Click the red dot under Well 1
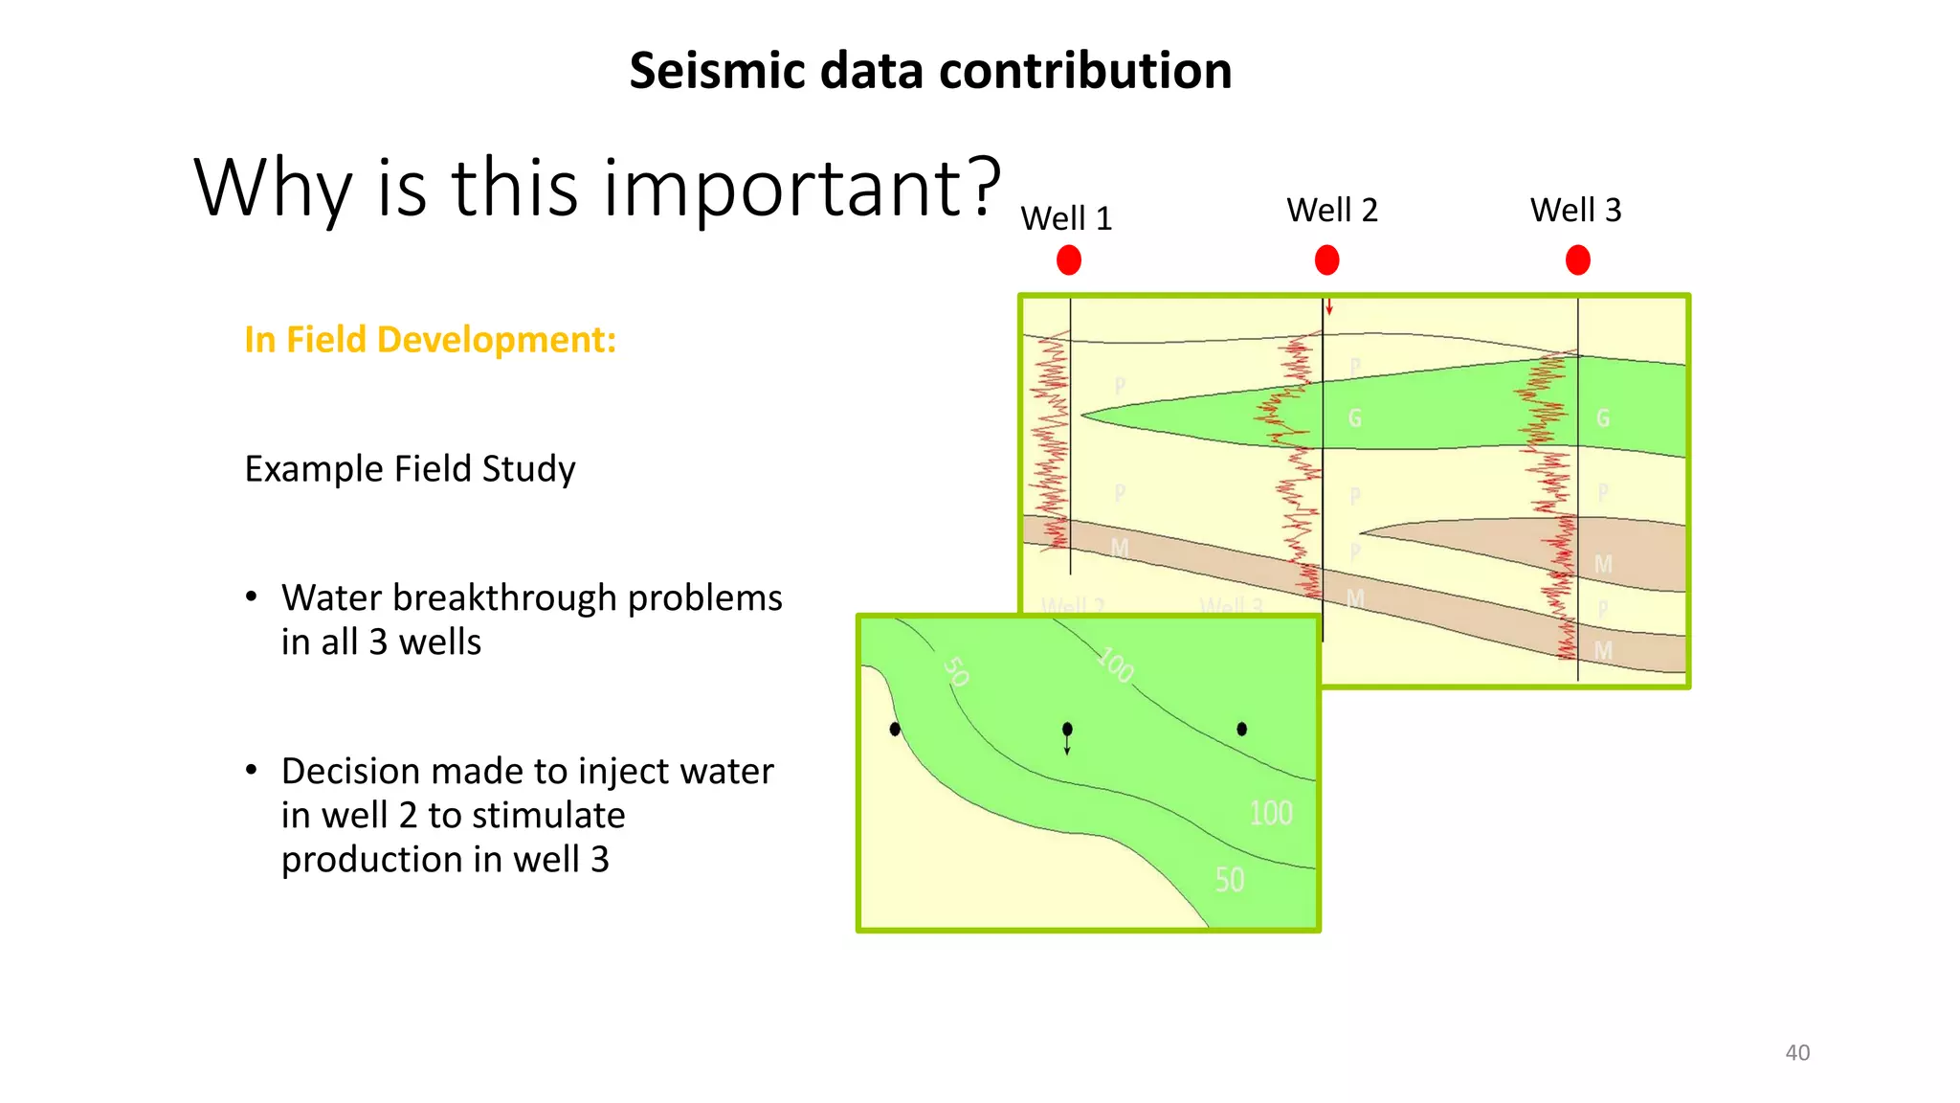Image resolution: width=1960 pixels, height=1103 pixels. (x=1069, y=260)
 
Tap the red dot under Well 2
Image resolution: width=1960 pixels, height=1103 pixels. (x=1326, y=260)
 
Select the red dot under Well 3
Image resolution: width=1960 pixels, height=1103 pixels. (x=1578, y=260)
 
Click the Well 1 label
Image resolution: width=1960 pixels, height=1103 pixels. (x=1066, y=218)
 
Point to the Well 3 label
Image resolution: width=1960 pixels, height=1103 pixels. (x=1575, y=210)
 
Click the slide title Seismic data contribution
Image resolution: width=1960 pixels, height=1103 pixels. (x=930, y=71)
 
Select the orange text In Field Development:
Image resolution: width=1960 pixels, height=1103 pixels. (x=430, y=340)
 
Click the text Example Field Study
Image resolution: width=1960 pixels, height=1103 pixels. (x=410, y=469)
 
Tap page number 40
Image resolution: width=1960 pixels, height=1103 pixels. (x=1797, y=1052)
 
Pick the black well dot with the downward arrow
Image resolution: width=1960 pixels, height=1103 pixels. (x=1067, y=730)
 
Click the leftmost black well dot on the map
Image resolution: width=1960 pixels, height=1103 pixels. (x=895, y=730)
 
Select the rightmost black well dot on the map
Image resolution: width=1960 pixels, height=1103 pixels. (x=1241, y=729)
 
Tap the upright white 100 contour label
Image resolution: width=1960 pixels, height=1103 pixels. (x=1270, y=814)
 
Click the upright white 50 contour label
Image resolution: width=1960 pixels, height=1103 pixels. (x=1230, y=880)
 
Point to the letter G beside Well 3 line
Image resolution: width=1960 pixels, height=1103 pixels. (x=1603, y=418)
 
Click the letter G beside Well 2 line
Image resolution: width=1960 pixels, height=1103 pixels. (x=1354, y=418)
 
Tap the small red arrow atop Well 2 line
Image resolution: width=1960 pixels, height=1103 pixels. (x=1329, y=307)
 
